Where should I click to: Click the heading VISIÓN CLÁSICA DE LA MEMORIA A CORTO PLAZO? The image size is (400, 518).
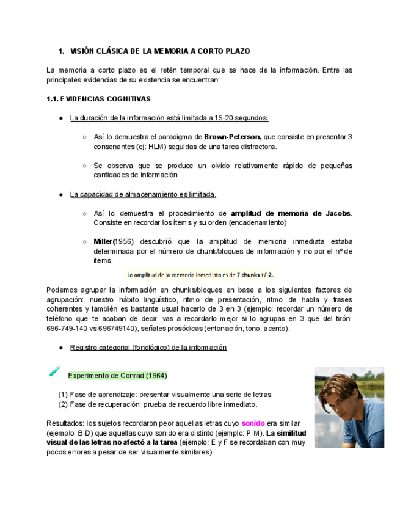tap(160, 51)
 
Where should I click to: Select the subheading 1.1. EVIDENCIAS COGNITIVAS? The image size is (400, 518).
tap(98, 98)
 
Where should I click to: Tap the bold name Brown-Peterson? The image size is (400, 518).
tap(233, 136)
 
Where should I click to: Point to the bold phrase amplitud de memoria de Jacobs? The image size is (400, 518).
tap(291, 213)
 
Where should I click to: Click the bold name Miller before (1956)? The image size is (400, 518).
tap(103, 241)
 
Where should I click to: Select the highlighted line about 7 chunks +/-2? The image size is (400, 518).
tap(200, 274)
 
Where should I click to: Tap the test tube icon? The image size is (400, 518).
tap(54, 371)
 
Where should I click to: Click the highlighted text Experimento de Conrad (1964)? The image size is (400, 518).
tap(117, 375)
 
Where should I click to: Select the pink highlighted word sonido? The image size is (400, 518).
tap(252, 423)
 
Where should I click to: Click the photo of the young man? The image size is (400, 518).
tap(349, 407)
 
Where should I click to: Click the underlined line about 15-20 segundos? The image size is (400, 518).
tap(169, 118)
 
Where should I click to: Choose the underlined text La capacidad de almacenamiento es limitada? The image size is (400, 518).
tap(143, 194)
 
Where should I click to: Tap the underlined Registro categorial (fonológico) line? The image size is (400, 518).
tap(148, 347)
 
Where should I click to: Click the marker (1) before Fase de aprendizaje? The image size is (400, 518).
tap(63, 395)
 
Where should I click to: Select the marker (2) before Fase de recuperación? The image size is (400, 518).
tap(63, 404)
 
